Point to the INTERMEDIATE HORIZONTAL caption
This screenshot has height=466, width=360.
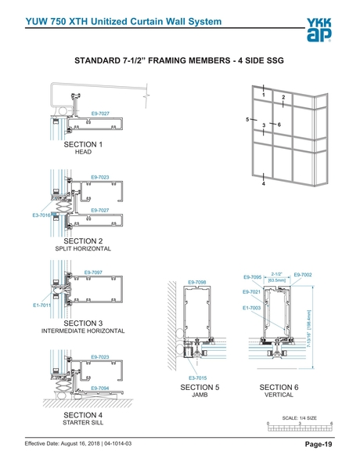(83, 331)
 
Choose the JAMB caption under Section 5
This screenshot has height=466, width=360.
(200, 396)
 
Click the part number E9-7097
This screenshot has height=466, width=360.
(94, 272)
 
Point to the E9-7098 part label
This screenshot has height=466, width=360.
(197, 282)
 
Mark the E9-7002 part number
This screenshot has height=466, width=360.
(303, 274)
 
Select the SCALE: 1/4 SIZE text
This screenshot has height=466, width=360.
(300, 418)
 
